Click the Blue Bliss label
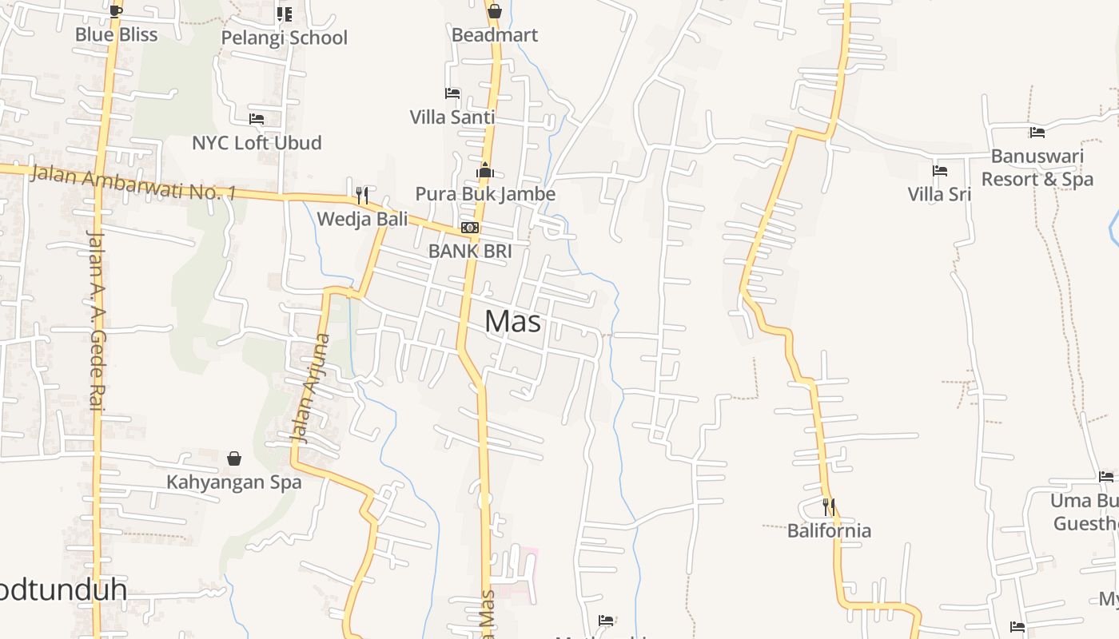click(x=116, y=34)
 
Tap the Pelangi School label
click(x=284, y=38)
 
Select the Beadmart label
click(x=495, y=35)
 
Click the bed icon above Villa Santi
click(x=452, y=93)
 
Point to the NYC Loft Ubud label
click(x=257, y=143)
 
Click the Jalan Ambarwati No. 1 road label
click(x=133, y=182)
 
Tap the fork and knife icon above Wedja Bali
click(x=362, y=195)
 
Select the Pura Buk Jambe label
click(x=485, y=194)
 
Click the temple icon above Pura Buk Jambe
click(x=485, y=170)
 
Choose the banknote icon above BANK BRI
click(x=470, y=228)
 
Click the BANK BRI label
click(x=470, y=251)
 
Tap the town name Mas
click(x=512, y=321)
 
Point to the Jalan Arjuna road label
click(x=310, y=388)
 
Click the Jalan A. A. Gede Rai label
click(x=97, y=319)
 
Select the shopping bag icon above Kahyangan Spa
click(x=234, y=458)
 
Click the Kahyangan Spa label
click(x=234, y=482)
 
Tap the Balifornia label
click(x=829, y=530)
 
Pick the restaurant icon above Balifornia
click(x=829, y=507)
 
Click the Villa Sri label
click(x=939, y=194)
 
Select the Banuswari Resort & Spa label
click(x=1037, y=168)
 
